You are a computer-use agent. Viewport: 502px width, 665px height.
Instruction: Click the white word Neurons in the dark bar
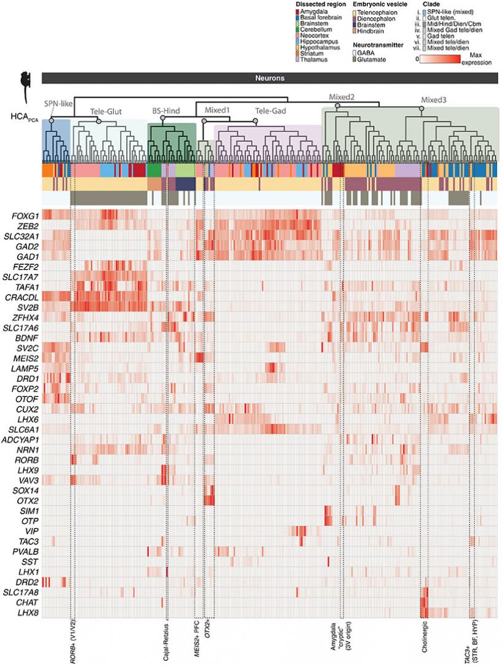[270, 79]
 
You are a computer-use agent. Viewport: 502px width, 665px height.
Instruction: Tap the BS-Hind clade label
[166, 111]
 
